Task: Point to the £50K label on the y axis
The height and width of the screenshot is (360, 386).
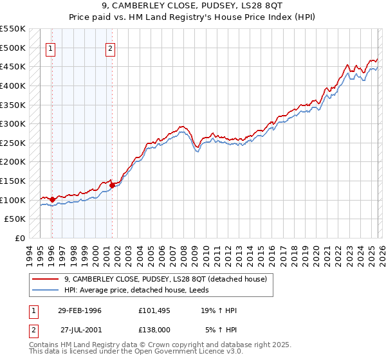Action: click(x=15, y=219)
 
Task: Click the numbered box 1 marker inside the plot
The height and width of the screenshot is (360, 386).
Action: click(x=51, y=48)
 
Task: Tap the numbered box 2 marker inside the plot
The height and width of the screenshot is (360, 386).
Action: click(x=111, y=48)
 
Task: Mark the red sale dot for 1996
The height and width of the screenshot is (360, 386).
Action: click(x=52, y=199)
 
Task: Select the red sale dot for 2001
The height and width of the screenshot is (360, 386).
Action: click(x=112, y=186)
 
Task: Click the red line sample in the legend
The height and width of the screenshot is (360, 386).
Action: click(x=45, y=279)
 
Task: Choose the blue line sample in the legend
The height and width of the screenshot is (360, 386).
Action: click(x=45, y=290)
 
